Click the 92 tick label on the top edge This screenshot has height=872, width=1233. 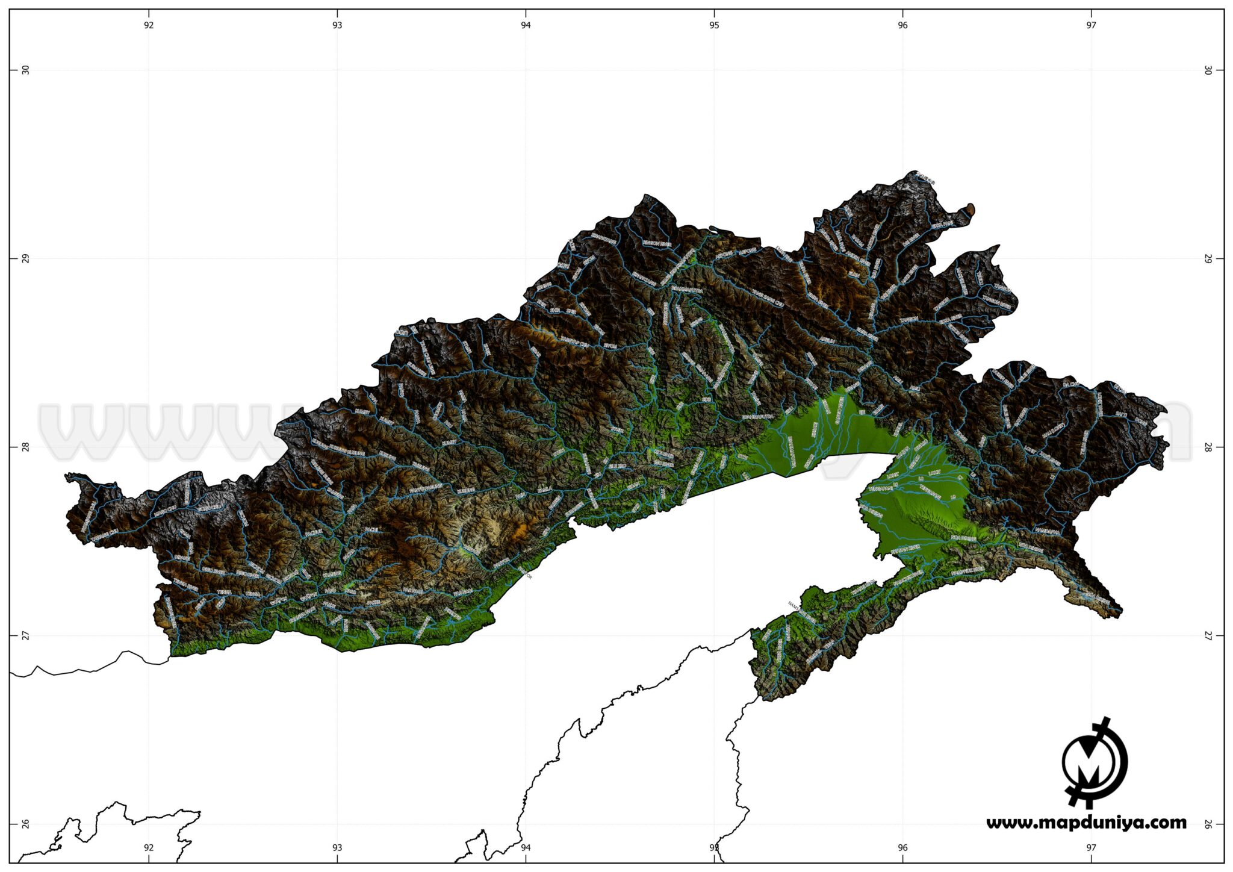coord(149,25)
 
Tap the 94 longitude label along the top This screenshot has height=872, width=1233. coord(526,25)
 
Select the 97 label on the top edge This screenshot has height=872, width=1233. coord(1091,25)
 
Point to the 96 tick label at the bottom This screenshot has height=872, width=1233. coord(902,847)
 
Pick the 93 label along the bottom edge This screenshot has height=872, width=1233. coord(337,847)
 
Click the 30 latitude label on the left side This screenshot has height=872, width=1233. coord(25,70)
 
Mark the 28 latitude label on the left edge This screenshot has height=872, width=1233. coord(25,447)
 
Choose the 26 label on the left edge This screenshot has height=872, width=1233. coord(25,824)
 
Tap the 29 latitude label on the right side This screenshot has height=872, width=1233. coord(1208,258)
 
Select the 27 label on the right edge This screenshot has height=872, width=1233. coord(1208,635)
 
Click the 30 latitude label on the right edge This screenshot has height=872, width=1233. coord(1208,70)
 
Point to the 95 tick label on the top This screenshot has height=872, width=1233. coord(714,25)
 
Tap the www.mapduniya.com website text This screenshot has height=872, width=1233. coord(1086,823)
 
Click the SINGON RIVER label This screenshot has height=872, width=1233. coord(657,244)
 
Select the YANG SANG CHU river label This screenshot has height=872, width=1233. coord(768,299)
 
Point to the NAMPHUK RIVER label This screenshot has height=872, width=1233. coord(967,570)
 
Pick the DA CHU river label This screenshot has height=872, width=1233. coord(1071,384)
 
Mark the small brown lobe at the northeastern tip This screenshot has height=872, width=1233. coord(970,210)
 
